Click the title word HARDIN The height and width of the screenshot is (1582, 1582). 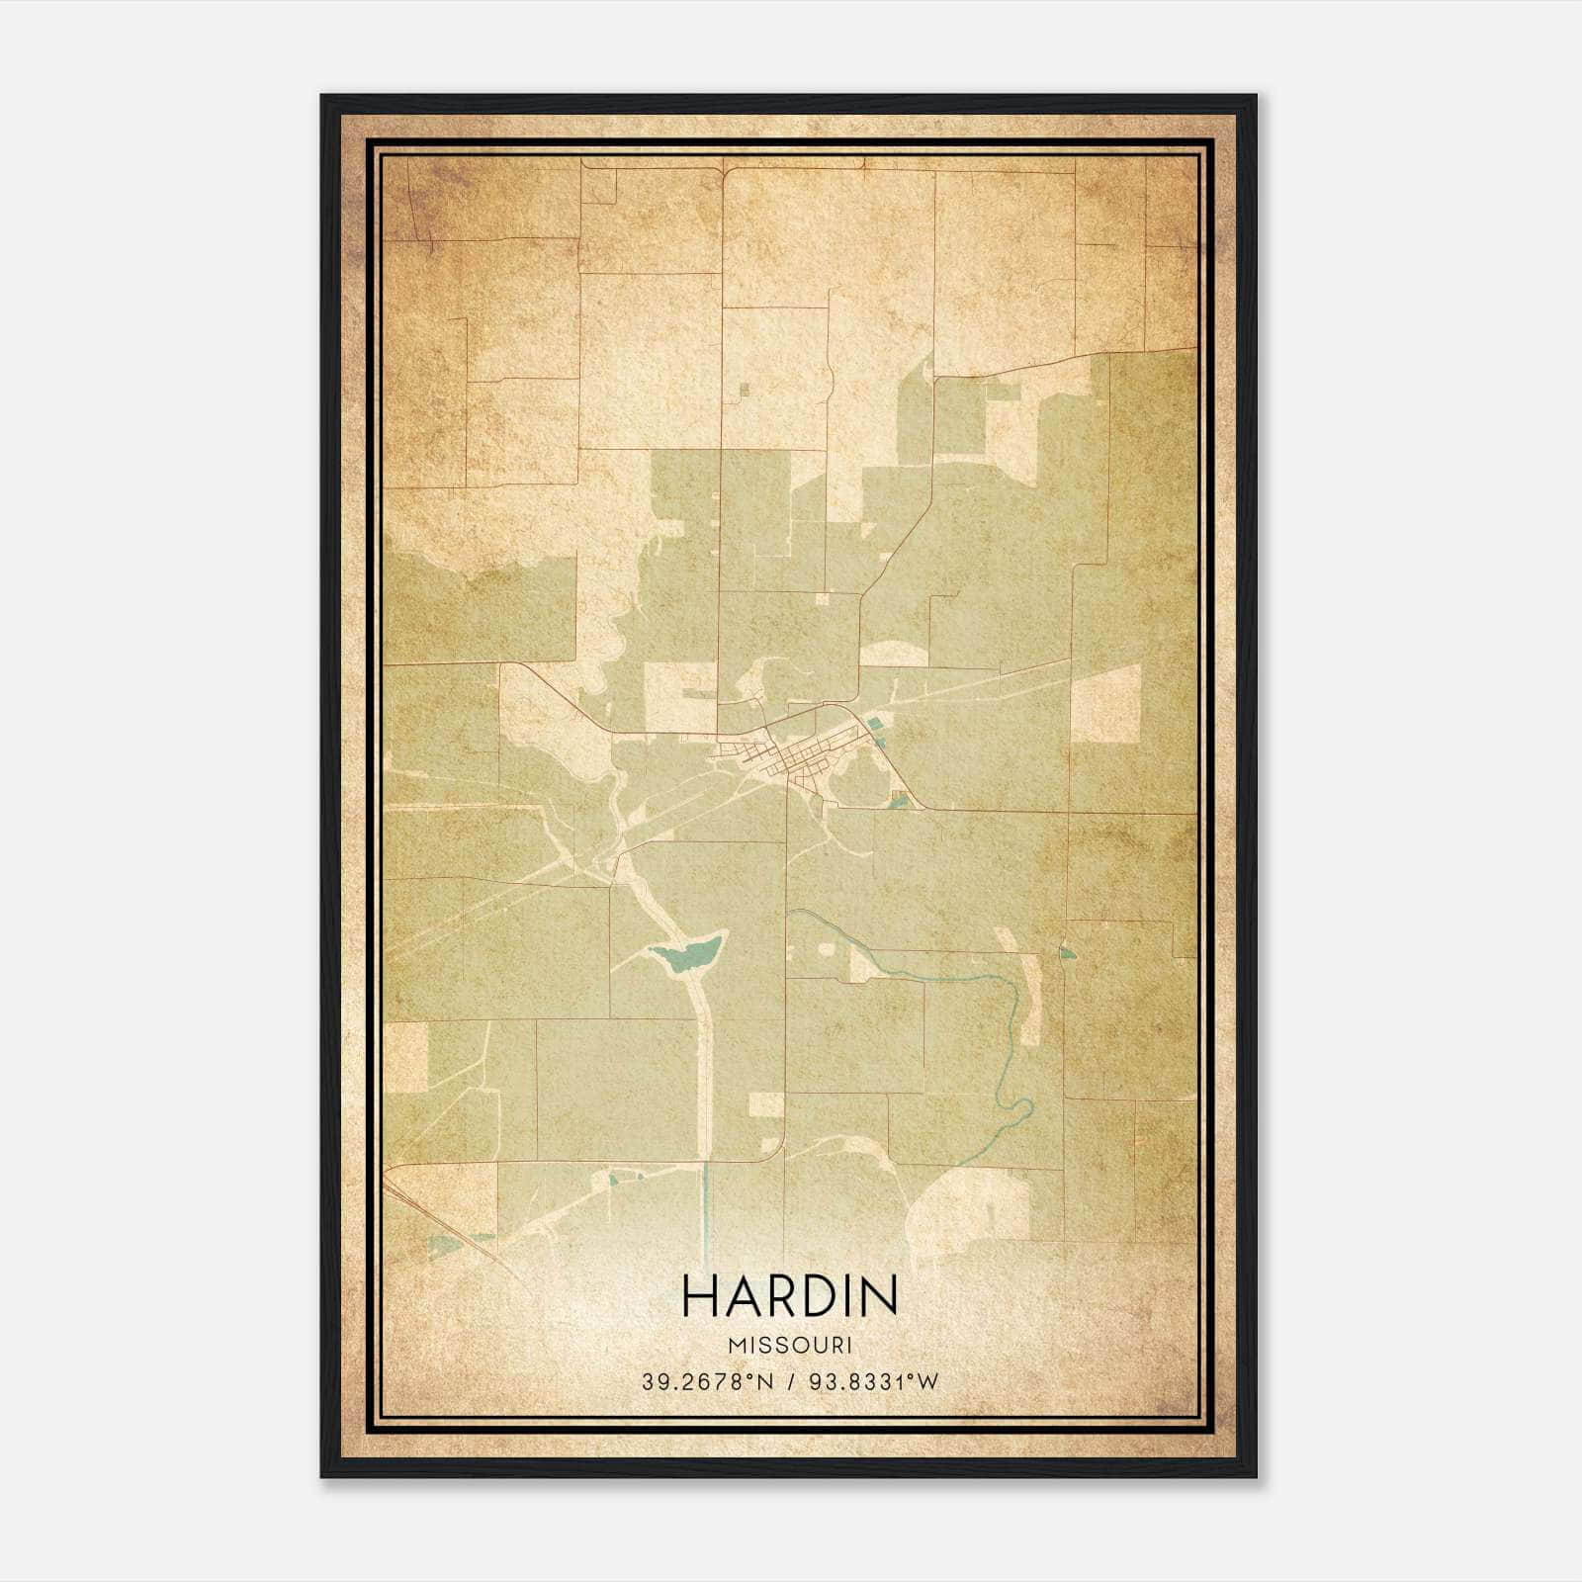pyautogui.click(x=789, y=1296)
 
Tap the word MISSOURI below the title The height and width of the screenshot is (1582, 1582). pyautogui.click(x=789, y=1346)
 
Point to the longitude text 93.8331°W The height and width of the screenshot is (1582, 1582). pyautogui.click(x=873, y=1382)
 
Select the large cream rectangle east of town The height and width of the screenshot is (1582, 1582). pyautogui.click(x=1106, y=703)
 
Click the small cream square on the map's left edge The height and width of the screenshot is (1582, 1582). pyautogui.click(x=405, y=1057)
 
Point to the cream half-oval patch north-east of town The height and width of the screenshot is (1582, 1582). pyautogui.click(x=895, y=653)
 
